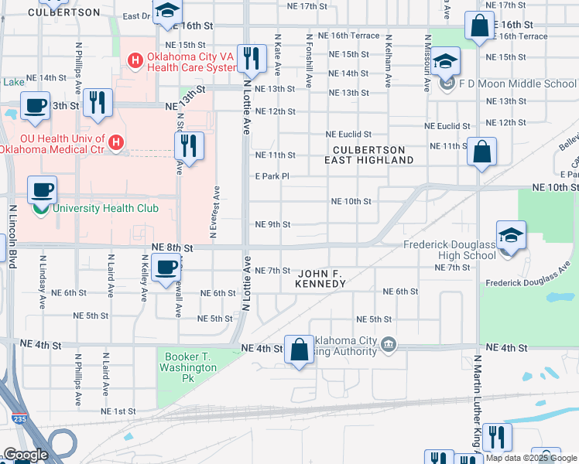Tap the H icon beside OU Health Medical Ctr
116,142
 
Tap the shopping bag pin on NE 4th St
300,350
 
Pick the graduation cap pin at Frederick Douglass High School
511,237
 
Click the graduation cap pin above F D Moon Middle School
445,62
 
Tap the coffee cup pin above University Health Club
42,189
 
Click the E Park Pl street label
272,176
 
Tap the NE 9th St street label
272,225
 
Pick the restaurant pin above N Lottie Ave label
250,57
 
